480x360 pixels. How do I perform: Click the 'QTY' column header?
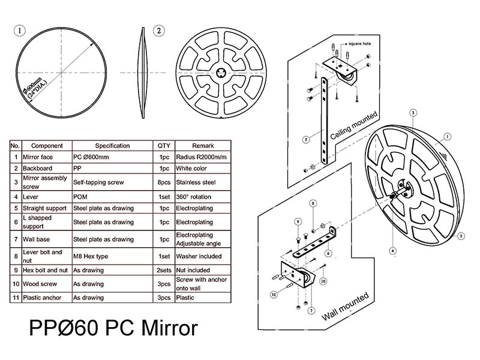pyautogui.click(x=163, y=146)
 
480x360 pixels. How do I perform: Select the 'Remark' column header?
pyautogui.click(x=202, y=146)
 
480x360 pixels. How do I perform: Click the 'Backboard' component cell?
pyautogui.click(x=38, y=169)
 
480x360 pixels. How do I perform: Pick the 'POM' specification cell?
pyautogui.click(x=82, y=196)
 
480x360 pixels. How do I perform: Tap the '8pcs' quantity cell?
pyautogui.click(x=163, y=182)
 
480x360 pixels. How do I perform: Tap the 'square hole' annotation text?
pyautogui.click(x=354, y=44)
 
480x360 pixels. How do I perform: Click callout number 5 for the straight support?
pyautogui.click(x=306, y=139)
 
